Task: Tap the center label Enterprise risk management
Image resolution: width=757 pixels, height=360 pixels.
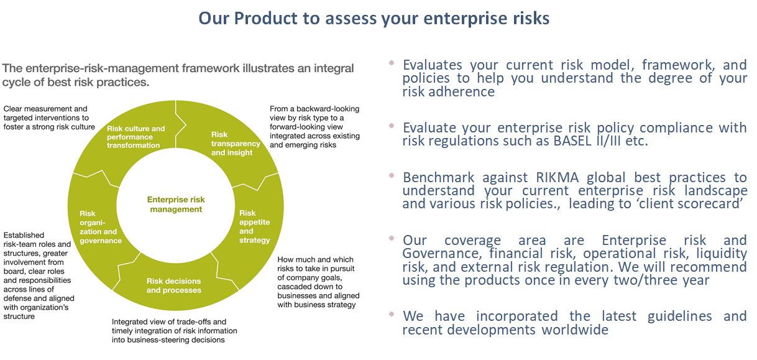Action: tap(176, 205)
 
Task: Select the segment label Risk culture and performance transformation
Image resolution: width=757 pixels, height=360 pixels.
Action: tap(136, 137)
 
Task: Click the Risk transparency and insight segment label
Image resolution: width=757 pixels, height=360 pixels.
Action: tap(236, 144)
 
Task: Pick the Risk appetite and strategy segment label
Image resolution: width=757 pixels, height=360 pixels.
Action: tap(254, 226)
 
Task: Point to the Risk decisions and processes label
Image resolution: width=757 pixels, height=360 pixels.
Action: tap(173, 285)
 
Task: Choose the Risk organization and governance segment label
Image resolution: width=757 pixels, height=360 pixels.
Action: tap(101, 227)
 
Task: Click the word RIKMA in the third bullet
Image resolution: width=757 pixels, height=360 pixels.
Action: tap(557, 177)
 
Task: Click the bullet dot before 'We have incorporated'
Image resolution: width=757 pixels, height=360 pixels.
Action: tap(392, 314)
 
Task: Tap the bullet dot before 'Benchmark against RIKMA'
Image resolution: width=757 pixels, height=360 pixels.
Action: tap(392, 175)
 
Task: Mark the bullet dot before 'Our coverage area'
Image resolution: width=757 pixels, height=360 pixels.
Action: tap(392, 238)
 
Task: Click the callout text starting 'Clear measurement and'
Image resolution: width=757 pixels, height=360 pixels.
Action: tap(49, 118)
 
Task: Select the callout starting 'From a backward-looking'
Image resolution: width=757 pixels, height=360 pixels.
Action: tap(314, 127)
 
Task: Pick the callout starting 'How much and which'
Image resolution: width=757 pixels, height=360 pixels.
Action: tap(318, 282)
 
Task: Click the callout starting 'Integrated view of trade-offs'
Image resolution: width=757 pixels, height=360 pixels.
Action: tap(175, 331)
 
